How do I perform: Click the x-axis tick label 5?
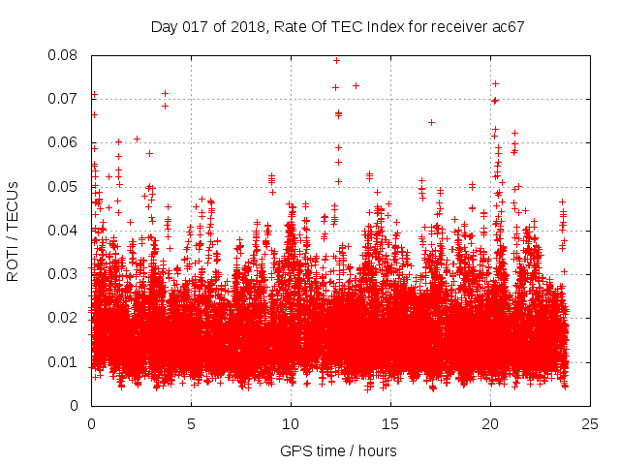(x=191, y=424)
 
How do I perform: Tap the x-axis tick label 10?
(x=291, y=424)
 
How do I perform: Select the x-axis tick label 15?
(x=390, y=424)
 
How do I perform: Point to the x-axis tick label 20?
(x=490, y=424)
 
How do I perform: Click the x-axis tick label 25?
(x=590, y=424)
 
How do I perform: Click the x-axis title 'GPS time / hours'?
(x=338, y=450)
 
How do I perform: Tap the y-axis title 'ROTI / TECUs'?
(x=14, y=231)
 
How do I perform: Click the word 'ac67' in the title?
(x=509, y=26)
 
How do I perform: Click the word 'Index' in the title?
(x=389, y=26)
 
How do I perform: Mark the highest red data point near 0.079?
(x=336, y=60)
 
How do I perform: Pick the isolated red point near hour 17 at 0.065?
(x=431, y=122)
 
